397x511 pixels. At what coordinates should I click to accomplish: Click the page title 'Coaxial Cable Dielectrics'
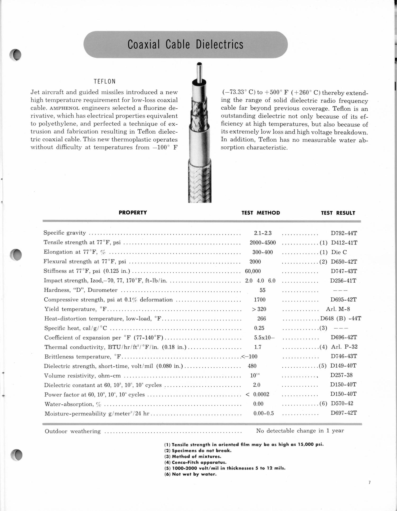(x=185, y=44)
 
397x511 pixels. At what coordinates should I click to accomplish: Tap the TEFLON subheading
(x=105, y=81)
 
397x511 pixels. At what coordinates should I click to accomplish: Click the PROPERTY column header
(x=133, y=212)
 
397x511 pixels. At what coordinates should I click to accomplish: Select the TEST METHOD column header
(x=260, y=213)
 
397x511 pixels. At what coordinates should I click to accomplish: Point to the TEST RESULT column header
(x=338, y=213)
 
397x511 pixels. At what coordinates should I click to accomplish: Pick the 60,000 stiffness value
(x=253, y=271)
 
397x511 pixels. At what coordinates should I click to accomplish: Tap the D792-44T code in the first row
(x=344, y=233)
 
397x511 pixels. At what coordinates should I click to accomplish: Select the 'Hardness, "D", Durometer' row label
(x=80, y=290)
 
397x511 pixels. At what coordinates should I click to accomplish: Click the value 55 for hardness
(x=262, y=290)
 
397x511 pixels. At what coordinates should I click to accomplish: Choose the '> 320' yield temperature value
(x=259, y=309)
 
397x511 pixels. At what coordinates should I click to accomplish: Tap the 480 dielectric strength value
(x=252, y=366)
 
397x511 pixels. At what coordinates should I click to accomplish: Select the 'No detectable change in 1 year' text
(x=300, y=431)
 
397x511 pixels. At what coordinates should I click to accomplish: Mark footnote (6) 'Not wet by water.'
(x=190, y=474)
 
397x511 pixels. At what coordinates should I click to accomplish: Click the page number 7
(x=369, y=482)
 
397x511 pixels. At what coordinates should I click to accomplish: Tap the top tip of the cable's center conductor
(x=200, y=64)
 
